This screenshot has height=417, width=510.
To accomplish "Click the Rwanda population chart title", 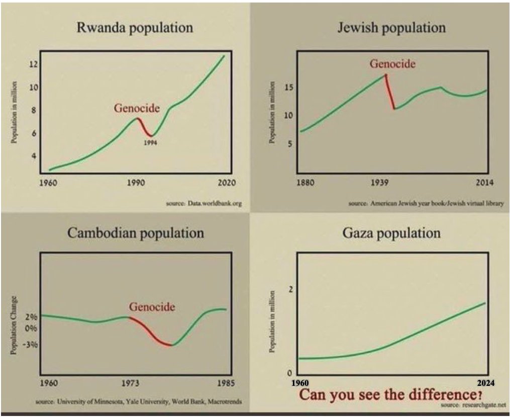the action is point(135,28).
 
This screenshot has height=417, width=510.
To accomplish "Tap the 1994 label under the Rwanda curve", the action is point(150,142).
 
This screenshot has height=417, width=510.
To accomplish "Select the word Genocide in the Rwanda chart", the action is point(137,108).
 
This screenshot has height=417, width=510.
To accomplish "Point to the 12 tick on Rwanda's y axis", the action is point(34,64).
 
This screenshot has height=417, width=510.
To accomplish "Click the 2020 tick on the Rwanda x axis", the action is point(227,183).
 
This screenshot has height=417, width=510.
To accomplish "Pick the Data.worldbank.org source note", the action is point(204,203).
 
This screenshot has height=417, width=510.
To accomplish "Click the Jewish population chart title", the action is point(391,28).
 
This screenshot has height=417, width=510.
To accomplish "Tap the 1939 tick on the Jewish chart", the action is point(379,182).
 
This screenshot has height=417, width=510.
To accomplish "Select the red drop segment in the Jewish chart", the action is point(390,92).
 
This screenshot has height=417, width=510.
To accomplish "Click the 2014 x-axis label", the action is point(484,182).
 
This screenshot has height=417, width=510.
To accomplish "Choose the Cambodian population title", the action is point(136,233).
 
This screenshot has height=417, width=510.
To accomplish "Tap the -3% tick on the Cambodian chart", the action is point(32,344).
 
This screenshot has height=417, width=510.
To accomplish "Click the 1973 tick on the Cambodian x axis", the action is point(130,383).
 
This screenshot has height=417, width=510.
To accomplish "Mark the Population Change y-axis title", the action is point(14,325).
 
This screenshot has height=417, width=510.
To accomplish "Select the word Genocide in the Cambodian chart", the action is point(152,307).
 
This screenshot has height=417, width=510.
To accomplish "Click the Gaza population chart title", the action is point(391,233).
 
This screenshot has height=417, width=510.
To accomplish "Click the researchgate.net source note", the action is point(473,405).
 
